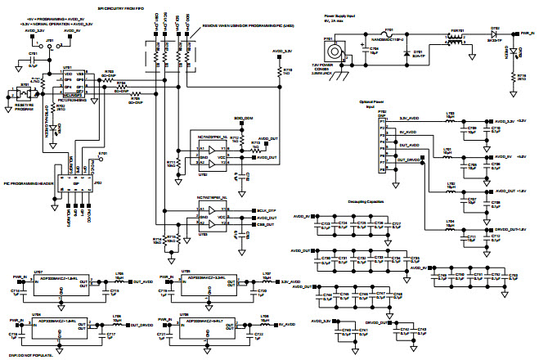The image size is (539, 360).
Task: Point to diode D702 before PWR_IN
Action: pos(495,38)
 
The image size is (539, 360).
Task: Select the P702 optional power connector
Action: pos(381,143)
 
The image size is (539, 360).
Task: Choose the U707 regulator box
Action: pos(56,282)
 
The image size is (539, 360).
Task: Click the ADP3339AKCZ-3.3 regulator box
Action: pos(208,282)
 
